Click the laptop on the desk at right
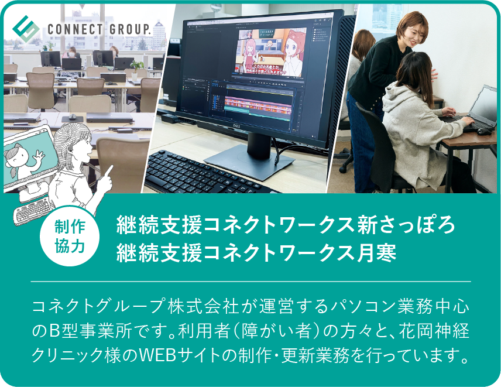pyautogui.click(x=474, y=111)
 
